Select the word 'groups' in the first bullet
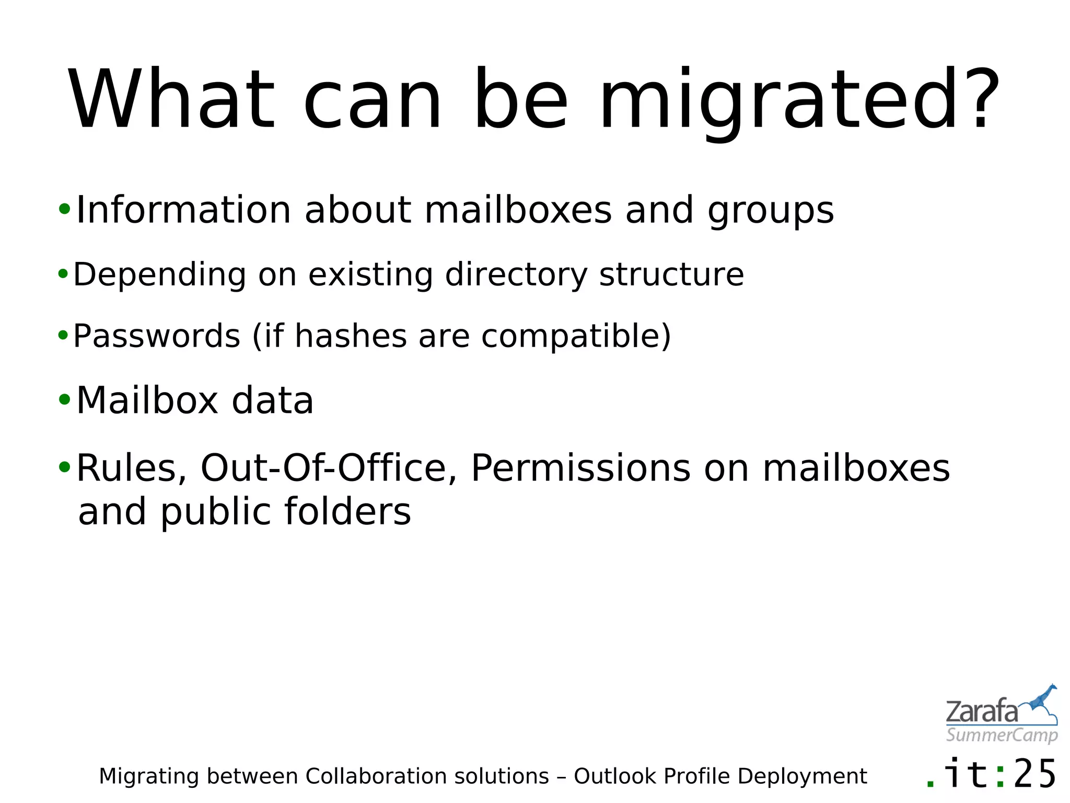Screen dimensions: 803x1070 pos(771,211)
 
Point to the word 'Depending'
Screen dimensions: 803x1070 pos(159,275)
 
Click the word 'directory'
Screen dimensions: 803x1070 pos(516,275)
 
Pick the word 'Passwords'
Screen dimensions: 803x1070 pos(156,336)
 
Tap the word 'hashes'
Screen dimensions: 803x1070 pos(351,336)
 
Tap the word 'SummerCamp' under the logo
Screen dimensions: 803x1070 pos(1002,735)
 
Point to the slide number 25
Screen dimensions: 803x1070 pos(1035,774)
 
